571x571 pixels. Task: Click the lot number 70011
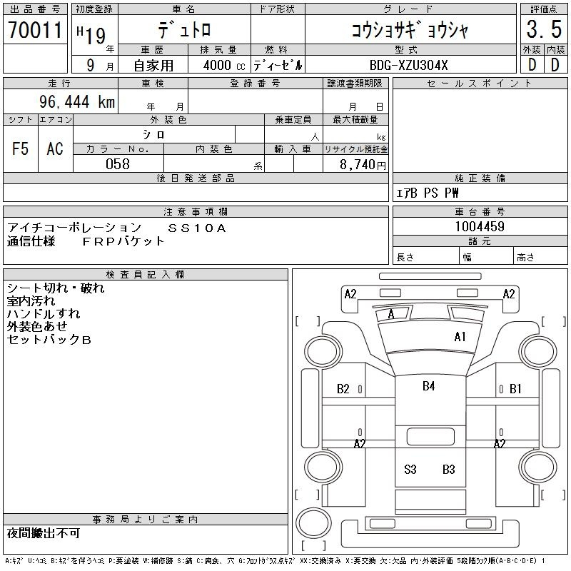coord(35,30)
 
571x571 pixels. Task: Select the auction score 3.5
coord(544,29)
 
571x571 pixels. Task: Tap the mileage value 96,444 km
coord(77,101)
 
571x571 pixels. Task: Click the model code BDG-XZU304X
coord(408,65)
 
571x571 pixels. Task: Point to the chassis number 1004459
coord(480,226)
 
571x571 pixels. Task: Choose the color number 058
coord(118,164)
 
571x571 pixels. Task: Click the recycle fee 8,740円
coord(363,165)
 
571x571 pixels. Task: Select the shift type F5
coord(21,148)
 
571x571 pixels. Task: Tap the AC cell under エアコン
coord(55,148)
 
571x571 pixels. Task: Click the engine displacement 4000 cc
coord(224,65)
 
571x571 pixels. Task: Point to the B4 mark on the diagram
coord(429,386)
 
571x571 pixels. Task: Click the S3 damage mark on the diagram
coord(410,470)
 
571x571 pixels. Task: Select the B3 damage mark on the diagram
coord(449,470)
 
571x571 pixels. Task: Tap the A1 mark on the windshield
coord(460,337)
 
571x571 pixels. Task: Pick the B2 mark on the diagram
coord(343,389)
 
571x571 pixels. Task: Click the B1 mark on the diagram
coord(515,389)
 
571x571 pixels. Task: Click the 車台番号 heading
coord(480,211)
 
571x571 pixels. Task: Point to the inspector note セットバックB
coord(49,340)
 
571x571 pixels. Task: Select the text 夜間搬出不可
coord(44,533)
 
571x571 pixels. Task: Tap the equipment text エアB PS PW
coord(427,193)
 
